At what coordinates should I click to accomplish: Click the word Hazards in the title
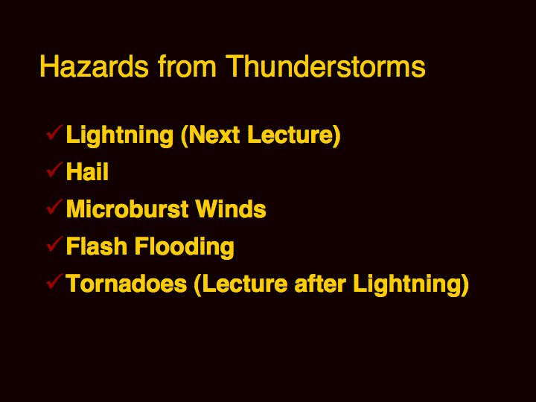point(95,66)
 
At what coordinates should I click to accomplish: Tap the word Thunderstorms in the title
point(325,66)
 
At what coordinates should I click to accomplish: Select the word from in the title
point(187,66)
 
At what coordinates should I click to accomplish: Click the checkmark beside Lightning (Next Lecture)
point(54,133)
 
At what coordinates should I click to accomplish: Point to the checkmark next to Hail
point(54,170)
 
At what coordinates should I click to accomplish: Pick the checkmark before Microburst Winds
point(54,207)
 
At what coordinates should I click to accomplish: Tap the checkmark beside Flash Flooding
point(54,244)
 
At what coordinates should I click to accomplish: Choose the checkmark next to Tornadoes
point(54,281)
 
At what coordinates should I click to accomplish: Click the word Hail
point(87,171)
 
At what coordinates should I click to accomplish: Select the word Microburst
point(127,208)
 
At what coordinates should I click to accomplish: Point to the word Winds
point(231,208)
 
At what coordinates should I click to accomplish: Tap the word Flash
point(97,246)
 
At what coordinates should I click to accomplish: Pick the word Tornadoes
point(127,284)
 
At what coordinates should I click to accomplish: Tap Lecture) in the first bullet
point(294,135)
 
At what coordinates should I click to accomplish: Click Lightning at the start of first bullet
point(120,135)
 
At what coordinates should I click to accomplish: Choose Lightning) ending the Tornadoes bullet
point(411,284)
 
